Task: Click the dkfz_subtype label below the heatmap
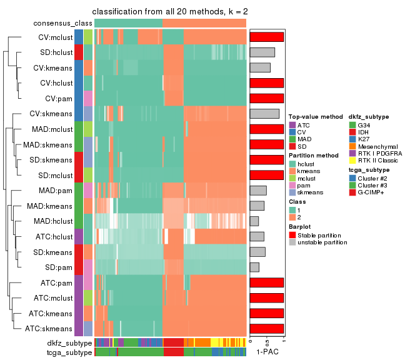pyautogui.click(x=69, y=343)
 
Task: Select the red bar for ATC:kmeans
pyautogui.click(x=267, y=312)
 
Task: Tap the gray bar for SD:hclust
pyautogui.click(x=262, y=52)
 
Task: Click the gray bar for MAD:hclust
pyautogui.click(x=254, y=221)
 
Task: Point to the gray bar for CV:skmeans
pyautogui.click(x=264, y=113)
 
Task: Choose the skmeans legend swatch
pyautogui.click(x=292, y=192)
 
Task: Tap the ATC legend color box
pyautogui.click(x=292, y=125)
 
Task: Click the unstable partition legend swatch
pyautogui.click(x=292, y=242)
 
